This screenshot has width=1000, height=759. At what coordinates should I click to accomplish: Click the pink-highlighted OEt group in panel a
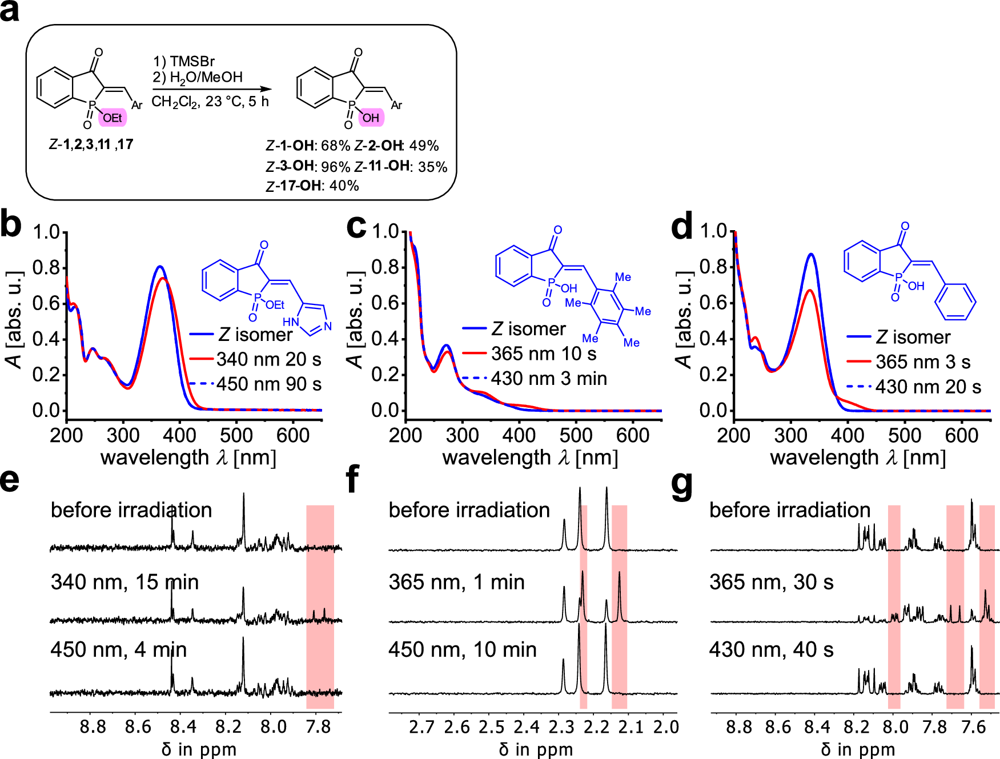pyautogui.click(x=112, y=118)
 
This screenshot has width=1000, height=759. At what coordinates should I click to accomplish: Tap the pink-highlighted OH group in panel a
pyautogui.click(x=371, y=118)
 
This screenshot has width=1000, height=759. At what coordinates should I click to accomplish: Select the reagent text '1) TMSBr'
pyautogui.click(x=184, y=61)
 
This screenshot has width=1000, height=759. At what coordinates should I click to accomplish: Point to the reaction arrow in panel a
pyautogui.click(x=211, y=89)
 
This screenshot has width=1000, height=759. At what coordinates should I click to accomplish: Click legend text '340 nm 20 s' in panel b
pyautogui.click(x=268, y=359)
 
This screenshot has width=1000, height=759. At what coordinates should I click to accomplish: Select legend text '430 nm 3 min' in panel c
pyautogui.click(x=548, y=379)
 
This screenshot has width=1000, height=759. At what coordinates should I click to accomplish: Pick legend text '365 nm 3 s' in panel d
pyautogui.click(x=923, y=362)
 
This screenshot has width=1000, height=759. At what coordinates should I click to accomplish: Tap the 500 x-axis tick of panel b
pyautogui.click(x=236, y=435)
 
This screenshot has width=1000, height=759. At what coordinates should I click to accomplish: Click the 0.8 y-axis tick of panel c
pyautogui.click(x=385, y=267)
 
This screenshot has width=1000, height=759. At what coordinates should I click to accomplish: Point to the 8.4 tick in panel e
pyautogui.click(x=183, y=726)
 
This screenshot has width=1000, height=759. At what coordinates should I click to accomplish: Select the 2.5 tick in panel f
pyautogui.click(x=492, y=726)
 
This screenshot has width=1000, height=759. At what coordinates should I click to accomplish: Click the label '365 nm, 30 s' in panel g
pyautogui.click(x=771, y=582)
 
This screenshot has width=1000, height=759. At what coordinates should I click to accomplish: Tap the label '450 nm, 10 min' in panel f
pyautogui.click(x=463, y=649)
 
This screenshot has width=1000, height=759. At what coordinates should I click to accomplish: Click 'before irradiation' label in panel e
pyautogui.click(x=131, y=510)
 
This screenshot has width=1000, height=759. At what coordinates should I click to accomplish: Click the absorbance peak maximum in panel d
pyautogui.click(x=810, y=255)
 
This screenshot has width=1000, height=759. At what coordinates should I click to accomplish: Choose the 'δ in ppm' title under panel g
pyautogui.click(x=858, y=749)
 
